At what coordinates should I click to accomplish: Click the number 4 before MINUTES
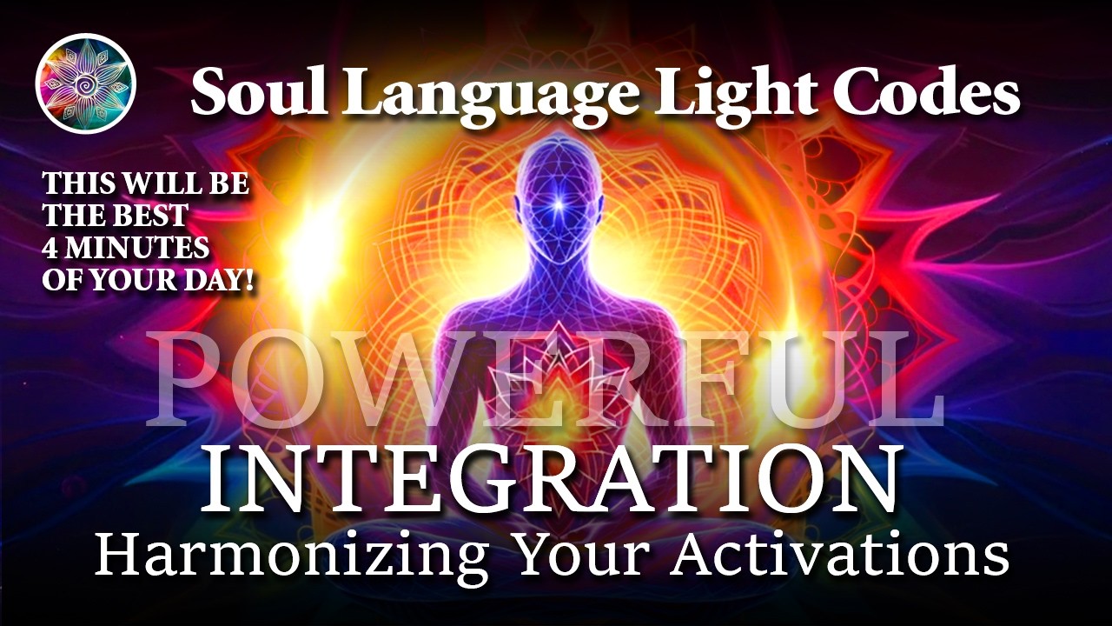pyautogui.click(x=50, y=248)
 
